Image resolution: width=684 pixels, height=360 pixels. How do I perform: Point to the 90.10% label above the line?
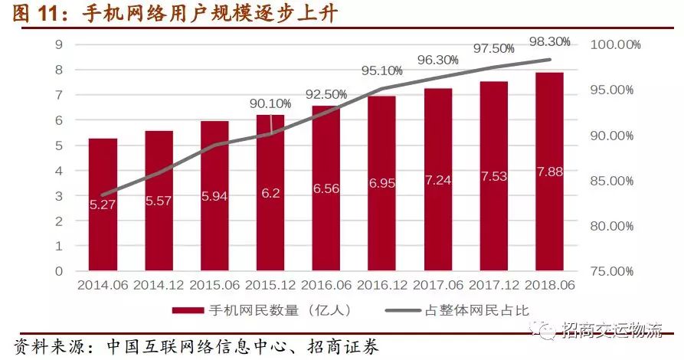tap(270, 103)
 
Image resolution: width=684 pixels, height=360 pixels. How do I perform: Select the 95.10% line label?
tap(381, 70)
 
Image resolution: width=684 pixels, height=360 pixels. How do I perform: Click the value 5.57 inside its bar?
tap(159, 201)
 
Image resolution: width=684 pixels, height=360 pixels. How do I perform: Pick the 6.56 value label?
tap(326, 189)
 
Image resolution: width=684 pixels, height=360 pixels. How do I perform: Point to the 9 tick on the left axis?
tap(58, 44)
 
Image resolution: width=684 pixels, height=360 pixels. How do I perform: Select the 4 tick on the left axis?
tap(58, 170)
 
